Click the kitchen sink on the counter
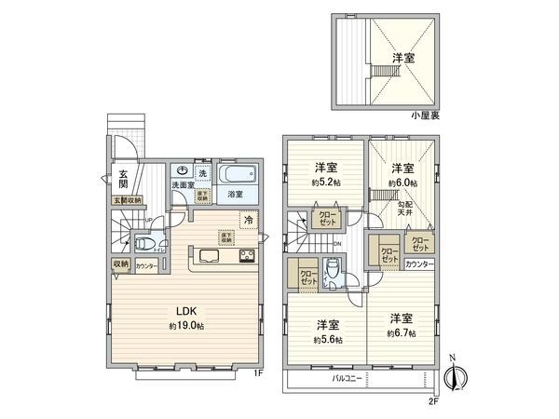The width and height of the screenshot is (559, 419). (208, 256)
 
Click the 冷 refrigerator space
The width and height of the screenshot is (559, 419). (249, 221)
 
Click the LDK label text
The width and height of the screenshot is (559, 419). (185, 311)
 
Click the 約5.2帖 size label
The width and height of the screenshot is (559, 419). (325, 182)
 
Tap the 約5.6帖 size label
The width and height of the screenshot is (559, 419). (326, 340)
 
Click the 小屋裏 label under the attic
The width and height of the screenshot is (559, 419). (426, 115)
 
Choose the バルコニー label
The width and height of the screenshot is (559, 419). (347, 379)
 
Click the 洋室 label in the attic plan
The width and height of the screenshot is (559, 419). (402, 58)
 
